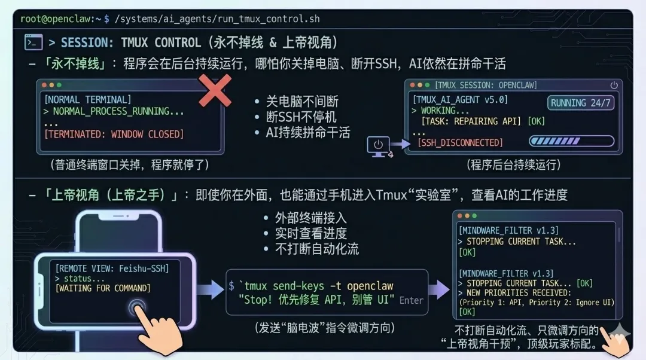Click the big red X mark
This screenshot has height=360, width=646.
click(215, 91)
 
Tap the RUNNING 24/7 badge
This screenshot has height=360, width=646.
click(581, 103)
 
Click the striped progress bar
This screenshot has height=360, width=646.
click(571, 142)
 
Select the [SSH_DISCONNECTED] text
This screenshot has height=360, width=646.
click(460, 143)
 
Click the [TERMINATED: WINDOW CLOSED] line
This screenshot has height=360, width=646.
click(114, 134)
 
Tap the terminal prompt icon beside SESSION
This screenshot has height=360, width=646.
click(33, 42)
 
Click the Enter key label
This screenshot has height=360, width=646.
click(412, 300)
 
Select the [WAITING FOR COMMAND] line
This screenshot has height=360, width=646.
click(103, 288)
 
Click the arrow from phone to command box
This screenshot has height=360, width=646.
click(210, 291)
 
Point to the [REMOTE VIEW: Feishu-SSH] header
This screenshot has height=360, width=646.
click(112, 269)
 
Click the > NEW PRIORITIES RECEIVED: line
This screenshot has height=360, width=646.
click(514, 292)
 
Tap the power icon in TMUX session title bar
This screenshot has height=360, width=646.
click(614, 85)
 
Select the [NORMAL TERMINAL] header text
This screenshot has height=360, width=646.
click(87, 99)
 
